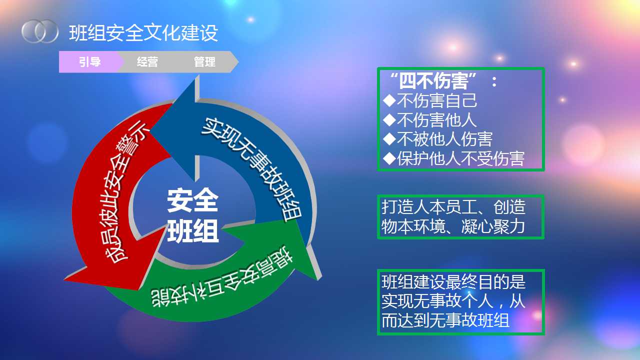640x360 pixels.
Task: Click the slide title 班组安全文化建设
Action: coord(143,33)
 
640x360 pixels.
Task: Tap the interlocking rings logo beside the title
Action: coord(40,31)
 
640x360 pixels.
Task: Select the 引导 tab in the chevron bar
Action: coord(89,61)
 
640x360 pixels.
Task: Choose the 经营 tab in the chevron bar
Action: coord(147,61)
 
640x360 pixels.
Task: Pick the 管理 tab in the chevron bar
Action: coord(204,61)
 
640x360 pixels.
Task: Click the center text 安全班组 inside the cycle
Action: coord(192,215)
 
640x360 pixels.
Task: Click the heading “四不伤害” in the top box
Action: coord(433,81)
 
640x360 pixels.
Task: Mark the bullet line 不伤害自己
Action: coord(430,100)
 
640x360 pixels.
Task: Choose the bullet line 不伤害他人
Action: coord(430,119)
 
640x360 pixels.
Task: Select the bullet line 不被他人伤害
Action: coord(438,139)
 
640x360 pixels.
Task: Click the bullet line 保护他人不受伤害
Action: coord(454,158)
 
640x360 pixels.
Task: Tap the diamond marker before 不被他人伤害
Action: coord(389,139)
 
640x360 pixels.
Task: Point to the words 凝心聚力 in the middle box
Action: coord(493,227)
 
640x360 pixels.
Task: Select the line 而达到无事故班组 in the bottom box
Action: coord(445,320)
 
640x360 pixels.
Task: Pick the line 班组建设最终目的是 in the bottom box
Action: coord(453,282)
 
